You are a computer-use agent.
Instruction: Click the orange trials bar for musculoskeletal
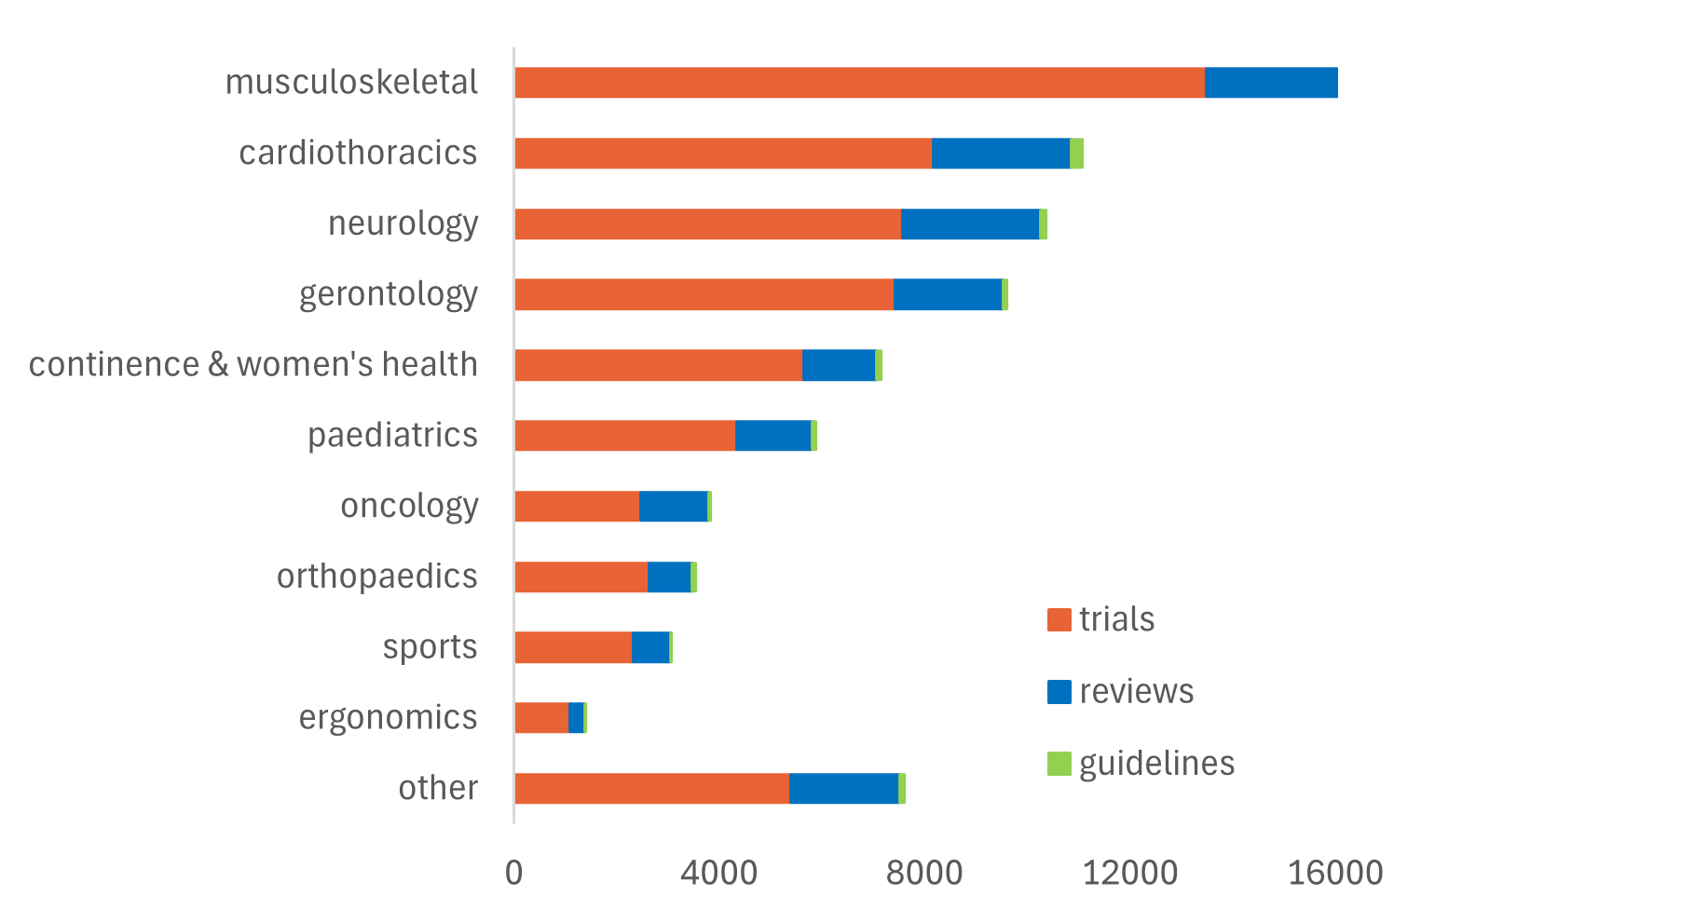pos(859,83)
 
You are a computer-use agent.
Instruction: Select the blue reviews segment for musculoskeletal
pos(1271,83)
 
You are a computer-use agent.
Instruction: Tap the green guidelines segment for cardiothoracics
pos(1076,154)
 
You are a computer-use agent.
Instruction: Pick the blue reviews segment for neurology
pos(969,224)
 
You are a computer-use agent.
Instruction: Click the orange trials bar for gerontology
pos(704,294)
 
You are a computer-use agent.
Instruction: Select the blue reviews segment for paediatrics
pos(772,436)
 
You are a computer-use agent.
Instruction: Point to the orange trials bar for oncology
pos(577,507)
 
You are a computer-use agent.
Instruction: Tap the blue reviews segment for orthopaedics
pos(669,577)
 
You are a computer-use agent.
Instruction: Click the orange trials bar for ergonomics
pos(541,718)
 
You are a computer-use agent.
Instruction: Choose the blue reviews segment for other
pos(843,789)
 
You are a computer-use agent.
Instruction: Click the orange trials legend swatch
pos(1059,620)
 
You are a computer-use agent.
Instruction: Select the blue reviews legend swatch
pos(1059,692)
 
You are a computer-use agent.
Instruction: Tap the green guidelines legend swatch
pos(1059,764)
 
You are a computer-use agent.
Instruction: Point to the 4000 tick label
pos(718,874)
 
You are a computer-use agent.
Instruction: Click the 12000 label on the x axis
pos(1129,874)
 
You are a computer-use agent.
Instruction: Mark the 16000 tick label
pos(1334,874)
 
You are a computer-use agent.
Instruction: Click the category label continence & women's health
pos(253,364)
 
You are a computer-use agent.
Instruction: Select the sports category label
pos(430,647)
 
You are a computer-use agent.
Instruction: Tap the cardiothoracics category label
pos(358,153)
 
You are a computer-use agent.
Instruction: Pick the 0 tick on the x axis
pos(513,874)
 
